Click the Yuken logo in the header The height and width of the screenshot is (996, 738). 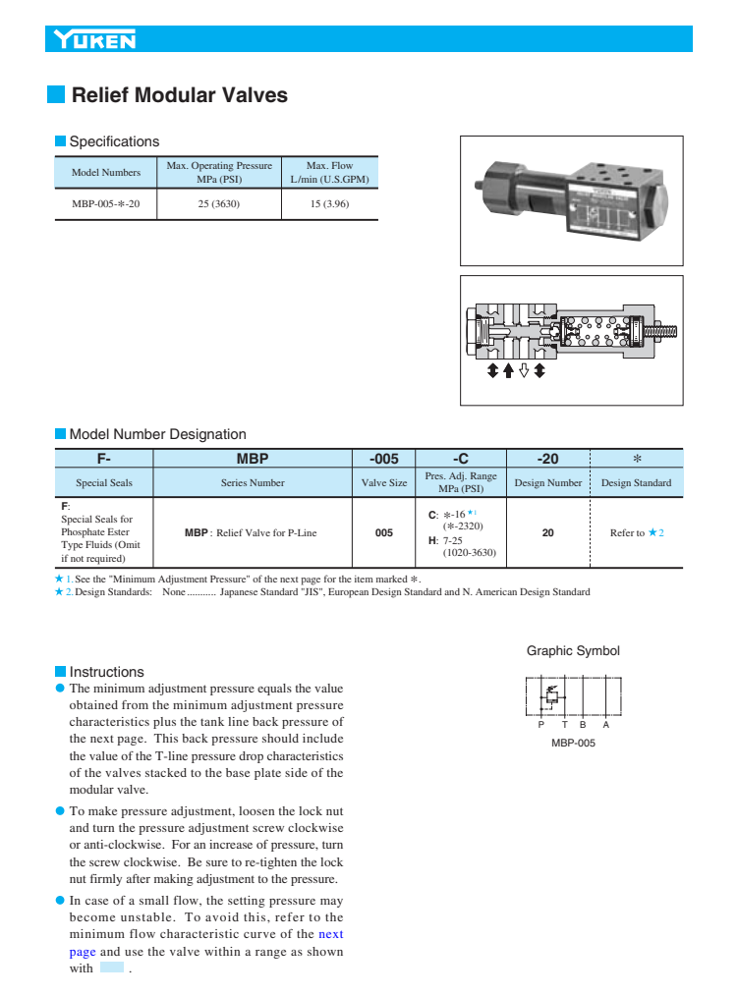point(95,40)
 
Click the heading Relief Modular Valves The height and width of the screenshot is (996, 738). point(180,95)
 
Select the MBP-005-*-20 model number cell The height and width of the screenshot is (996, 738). point(106,204)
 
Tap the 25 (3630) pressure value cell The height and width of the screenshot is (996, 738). point(219,204)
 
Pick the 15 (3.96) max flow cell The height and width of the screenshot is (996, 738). point(329,204)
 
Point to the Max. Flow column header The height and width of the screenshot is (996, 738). point(329,172)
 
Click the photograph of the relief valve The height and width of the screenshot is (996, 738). point(571,200)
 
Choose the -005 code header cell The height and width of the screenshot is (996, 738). point(384,459)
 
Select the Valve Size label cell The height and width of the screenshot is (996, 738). point(384,482)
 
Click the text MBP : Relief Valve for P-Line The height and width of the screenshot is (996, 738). point(251,532)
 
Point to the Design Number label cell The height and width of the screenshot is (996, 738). point(548,482)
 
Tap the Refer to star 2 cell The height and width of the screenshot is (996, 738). point(637,532)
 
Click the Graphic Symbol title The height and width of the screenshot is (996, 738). point(573,651)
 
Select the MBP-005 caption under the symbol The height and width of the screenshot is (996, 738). point(573,743)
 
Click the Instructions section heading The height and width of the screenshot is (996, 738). point(106,672)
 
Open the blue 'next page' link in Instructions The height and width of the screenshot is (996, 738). point(330,934)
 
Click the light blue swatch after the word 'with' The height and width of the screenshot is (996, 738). point(112,968)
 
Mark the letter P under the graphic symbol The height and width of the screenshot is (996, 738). point(539,725)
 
